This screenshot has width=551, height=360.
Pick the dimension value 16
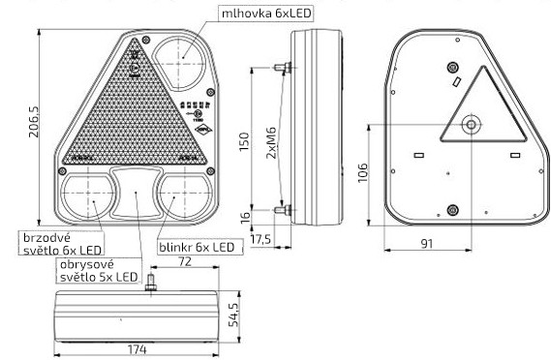click(245, 215)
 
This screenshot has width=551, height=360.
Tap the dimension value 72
click(184, 262)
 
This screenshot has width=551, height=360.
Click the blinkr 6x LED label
click(196, 248)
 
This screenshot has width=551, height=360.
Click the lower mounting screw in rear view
click(452, 206)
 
